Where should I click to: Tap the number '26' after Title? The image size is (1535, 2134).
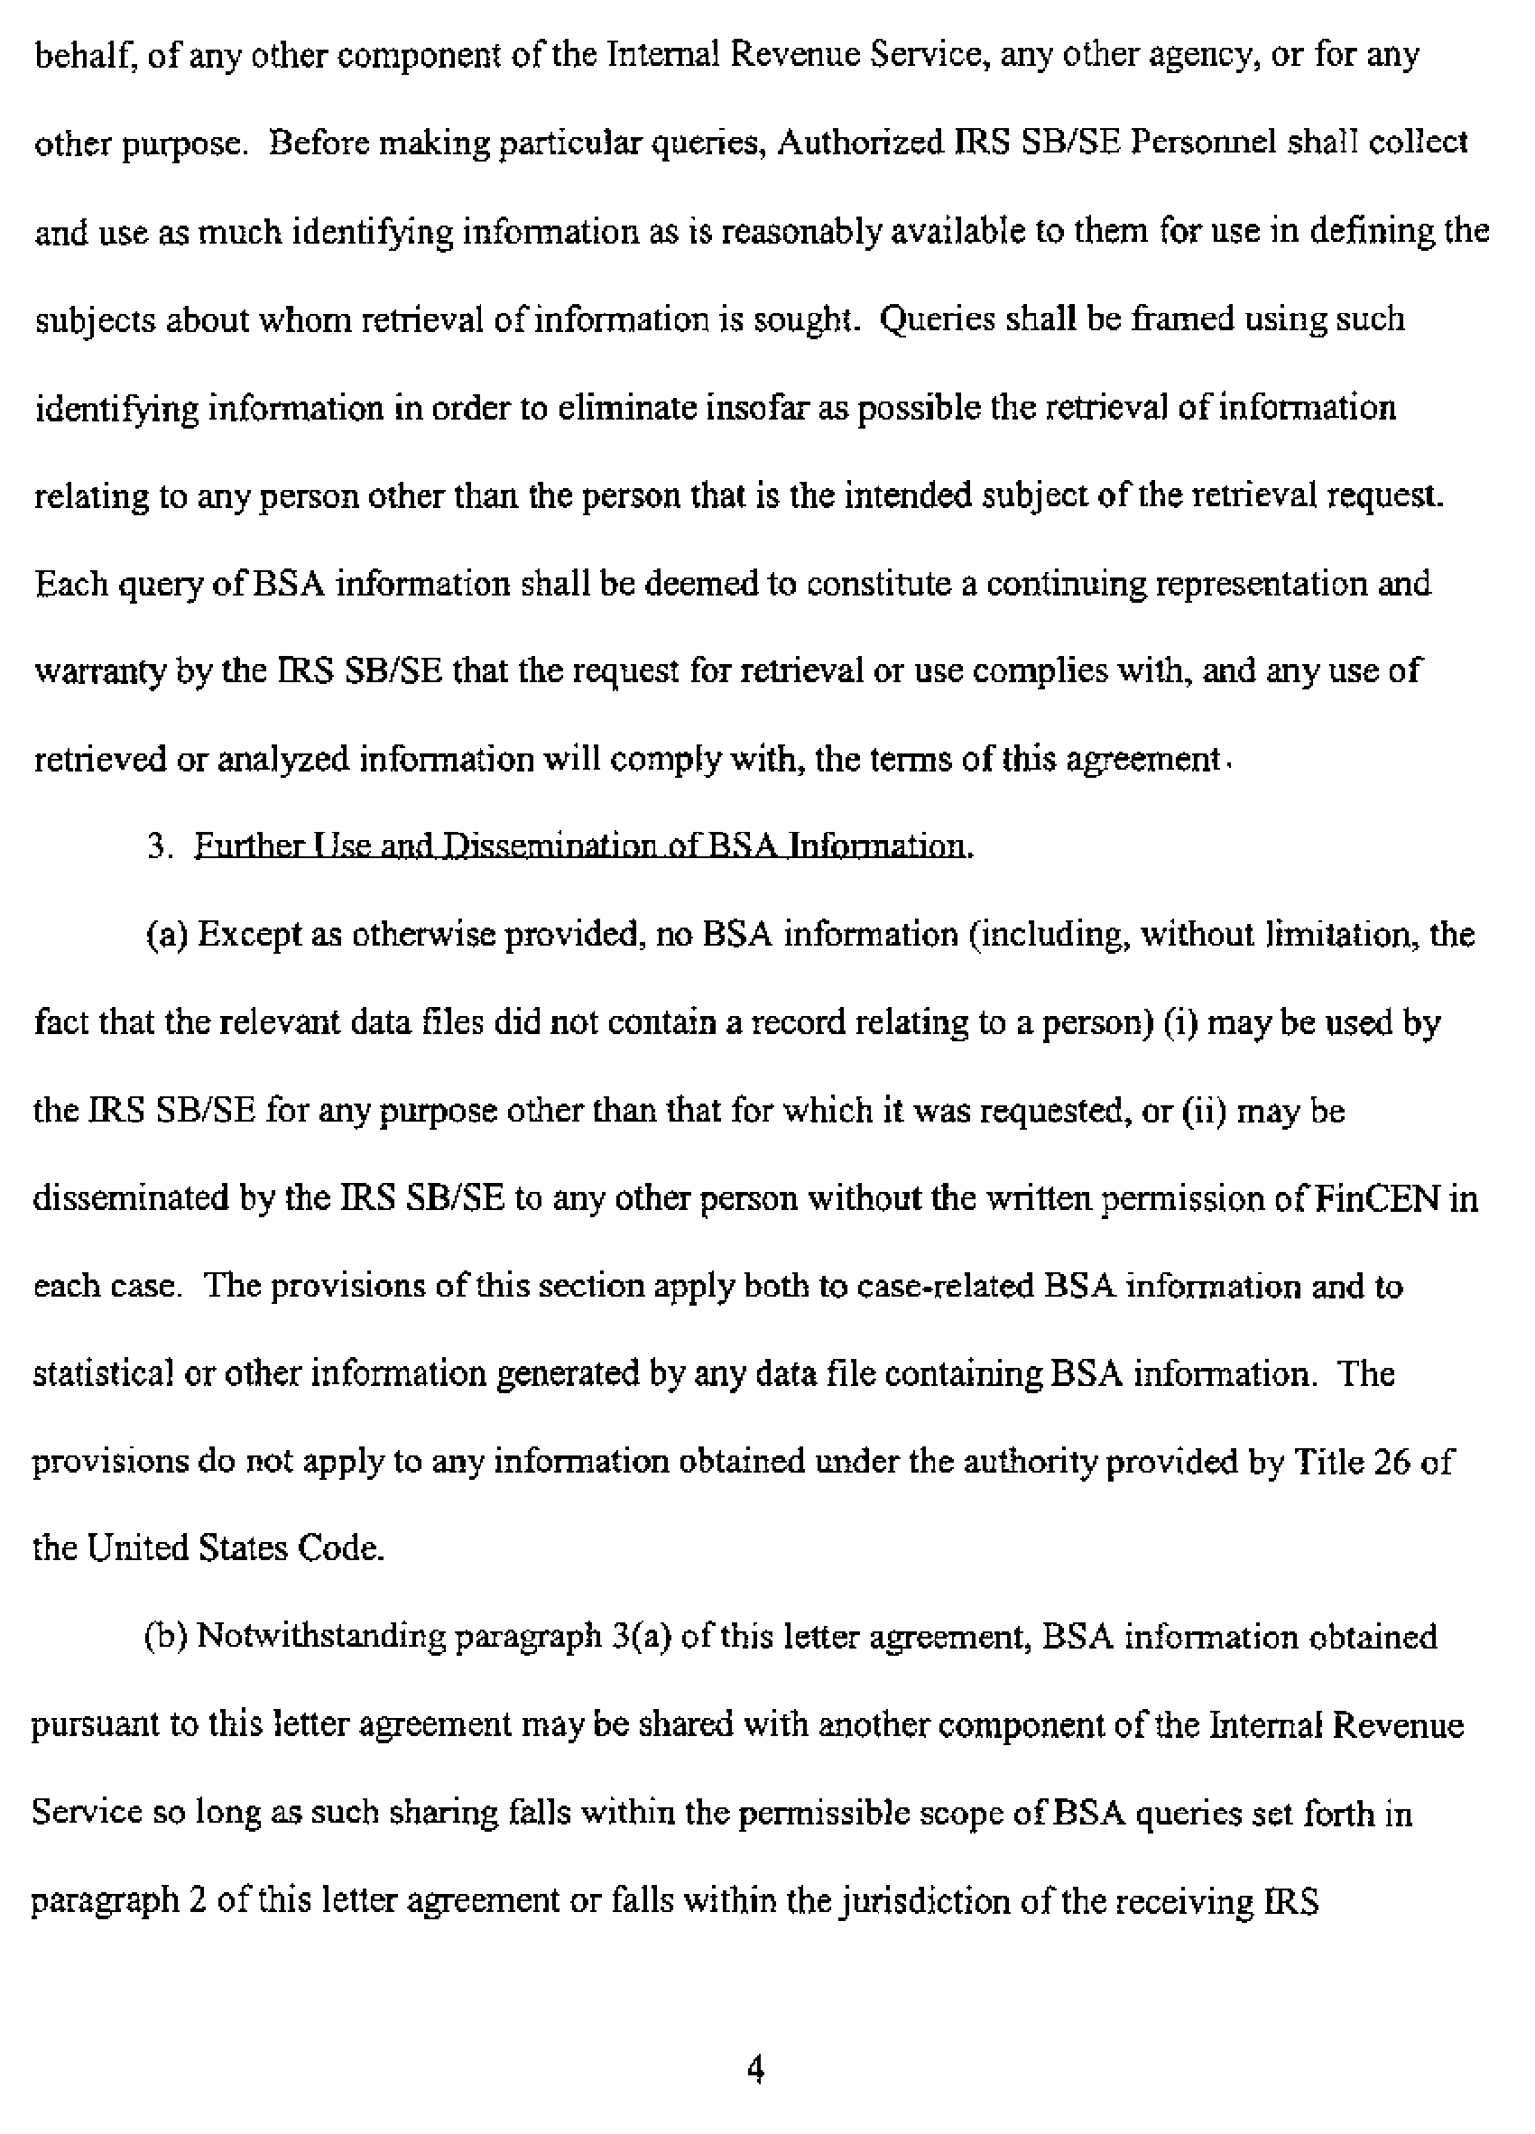1391,1462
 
